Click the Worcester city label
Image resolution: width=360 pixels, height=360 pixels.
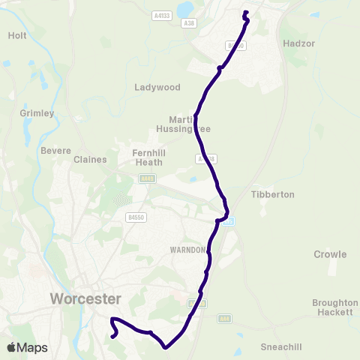85,298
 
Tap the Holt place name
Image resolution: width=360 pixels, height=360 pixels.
17,35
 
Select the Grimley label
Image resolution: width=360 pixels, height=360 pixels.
37,113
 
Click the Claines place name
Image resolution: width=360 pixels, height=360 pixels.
90,159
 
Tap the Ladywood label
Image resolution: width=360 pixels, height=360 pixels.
157,87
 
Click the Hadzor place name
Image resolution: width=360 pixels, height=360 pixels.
298,43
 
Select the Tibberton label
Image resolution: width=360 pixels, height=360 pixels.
272,194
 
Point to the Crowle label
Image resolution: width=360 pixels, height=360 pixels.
330,254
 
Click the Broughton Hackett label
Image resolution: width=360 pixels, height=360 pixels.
334,307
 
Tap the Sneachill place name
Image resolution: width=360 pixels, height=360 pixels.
280,346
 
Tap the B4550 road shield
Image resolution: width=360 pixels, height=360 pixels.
136,217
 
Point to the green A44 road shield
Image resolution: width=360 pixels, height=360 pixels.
224,319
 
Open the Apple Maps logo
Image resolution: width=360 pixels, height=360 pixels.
26,347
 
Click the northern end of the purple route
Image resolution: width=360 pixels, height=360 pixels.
245,12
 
